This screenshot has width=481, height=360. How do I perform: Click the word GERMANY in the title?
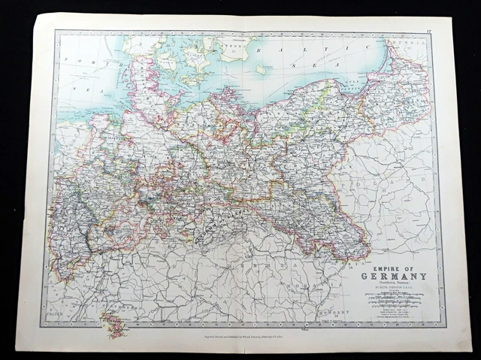coord(393,276)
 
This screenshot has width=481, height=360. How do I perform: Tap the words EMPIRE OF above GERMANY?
coord(393,267)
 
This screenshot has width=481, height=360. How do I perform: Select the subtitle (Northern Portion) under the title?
coord(393,283)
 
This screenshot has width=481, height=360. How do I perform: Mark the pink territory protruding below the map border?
coord(113,325)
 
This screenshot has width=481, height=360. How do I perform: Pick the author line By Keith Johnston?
coord(393,288)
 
